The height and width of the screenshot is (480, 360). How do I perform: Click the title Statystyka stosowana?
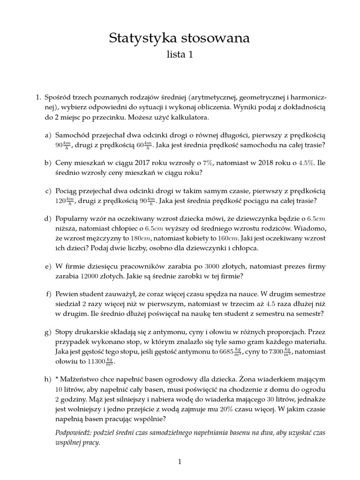180,38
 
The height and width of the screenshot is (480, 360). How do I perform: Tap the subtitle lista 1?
180,55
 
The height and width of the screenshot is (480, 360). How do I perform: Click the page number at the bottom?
179,462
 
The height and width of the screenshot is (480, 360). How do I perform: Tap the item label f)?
48,294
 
